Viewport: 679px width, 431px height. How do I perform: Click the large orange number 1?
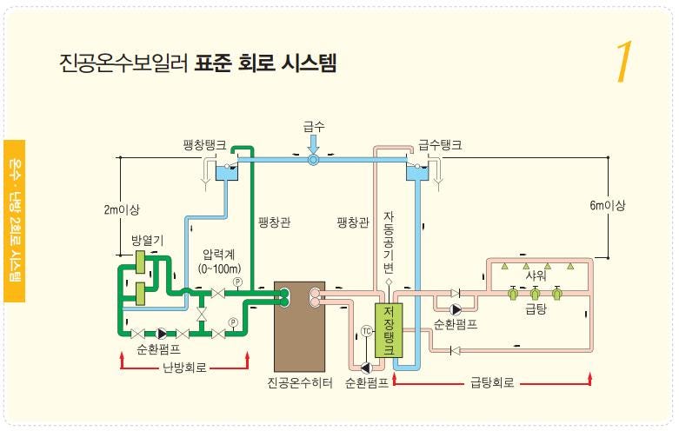(622, 63)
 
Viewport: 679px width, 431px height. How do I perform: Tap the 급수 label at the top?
(314, 127)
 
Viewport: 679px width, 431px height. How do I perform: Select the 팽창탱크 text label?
(205, 145)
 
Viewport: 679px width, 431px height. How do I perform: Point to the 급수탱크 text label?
(440, 145)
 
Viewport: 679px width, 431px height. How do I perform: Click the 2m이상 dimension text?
(122, 209)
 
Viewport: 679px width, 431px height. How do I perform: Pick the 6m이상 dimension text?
(607, 205)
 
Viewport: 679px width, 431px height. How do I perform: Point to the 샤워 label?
(536, 275)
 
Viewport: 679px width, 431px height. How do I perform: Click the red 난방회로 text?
(185, 367)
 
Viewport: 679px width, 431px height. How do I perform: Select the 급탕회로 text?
(493, 381)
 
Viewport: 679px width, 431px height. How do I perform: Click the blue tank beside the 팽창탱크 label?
(228, 172)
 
